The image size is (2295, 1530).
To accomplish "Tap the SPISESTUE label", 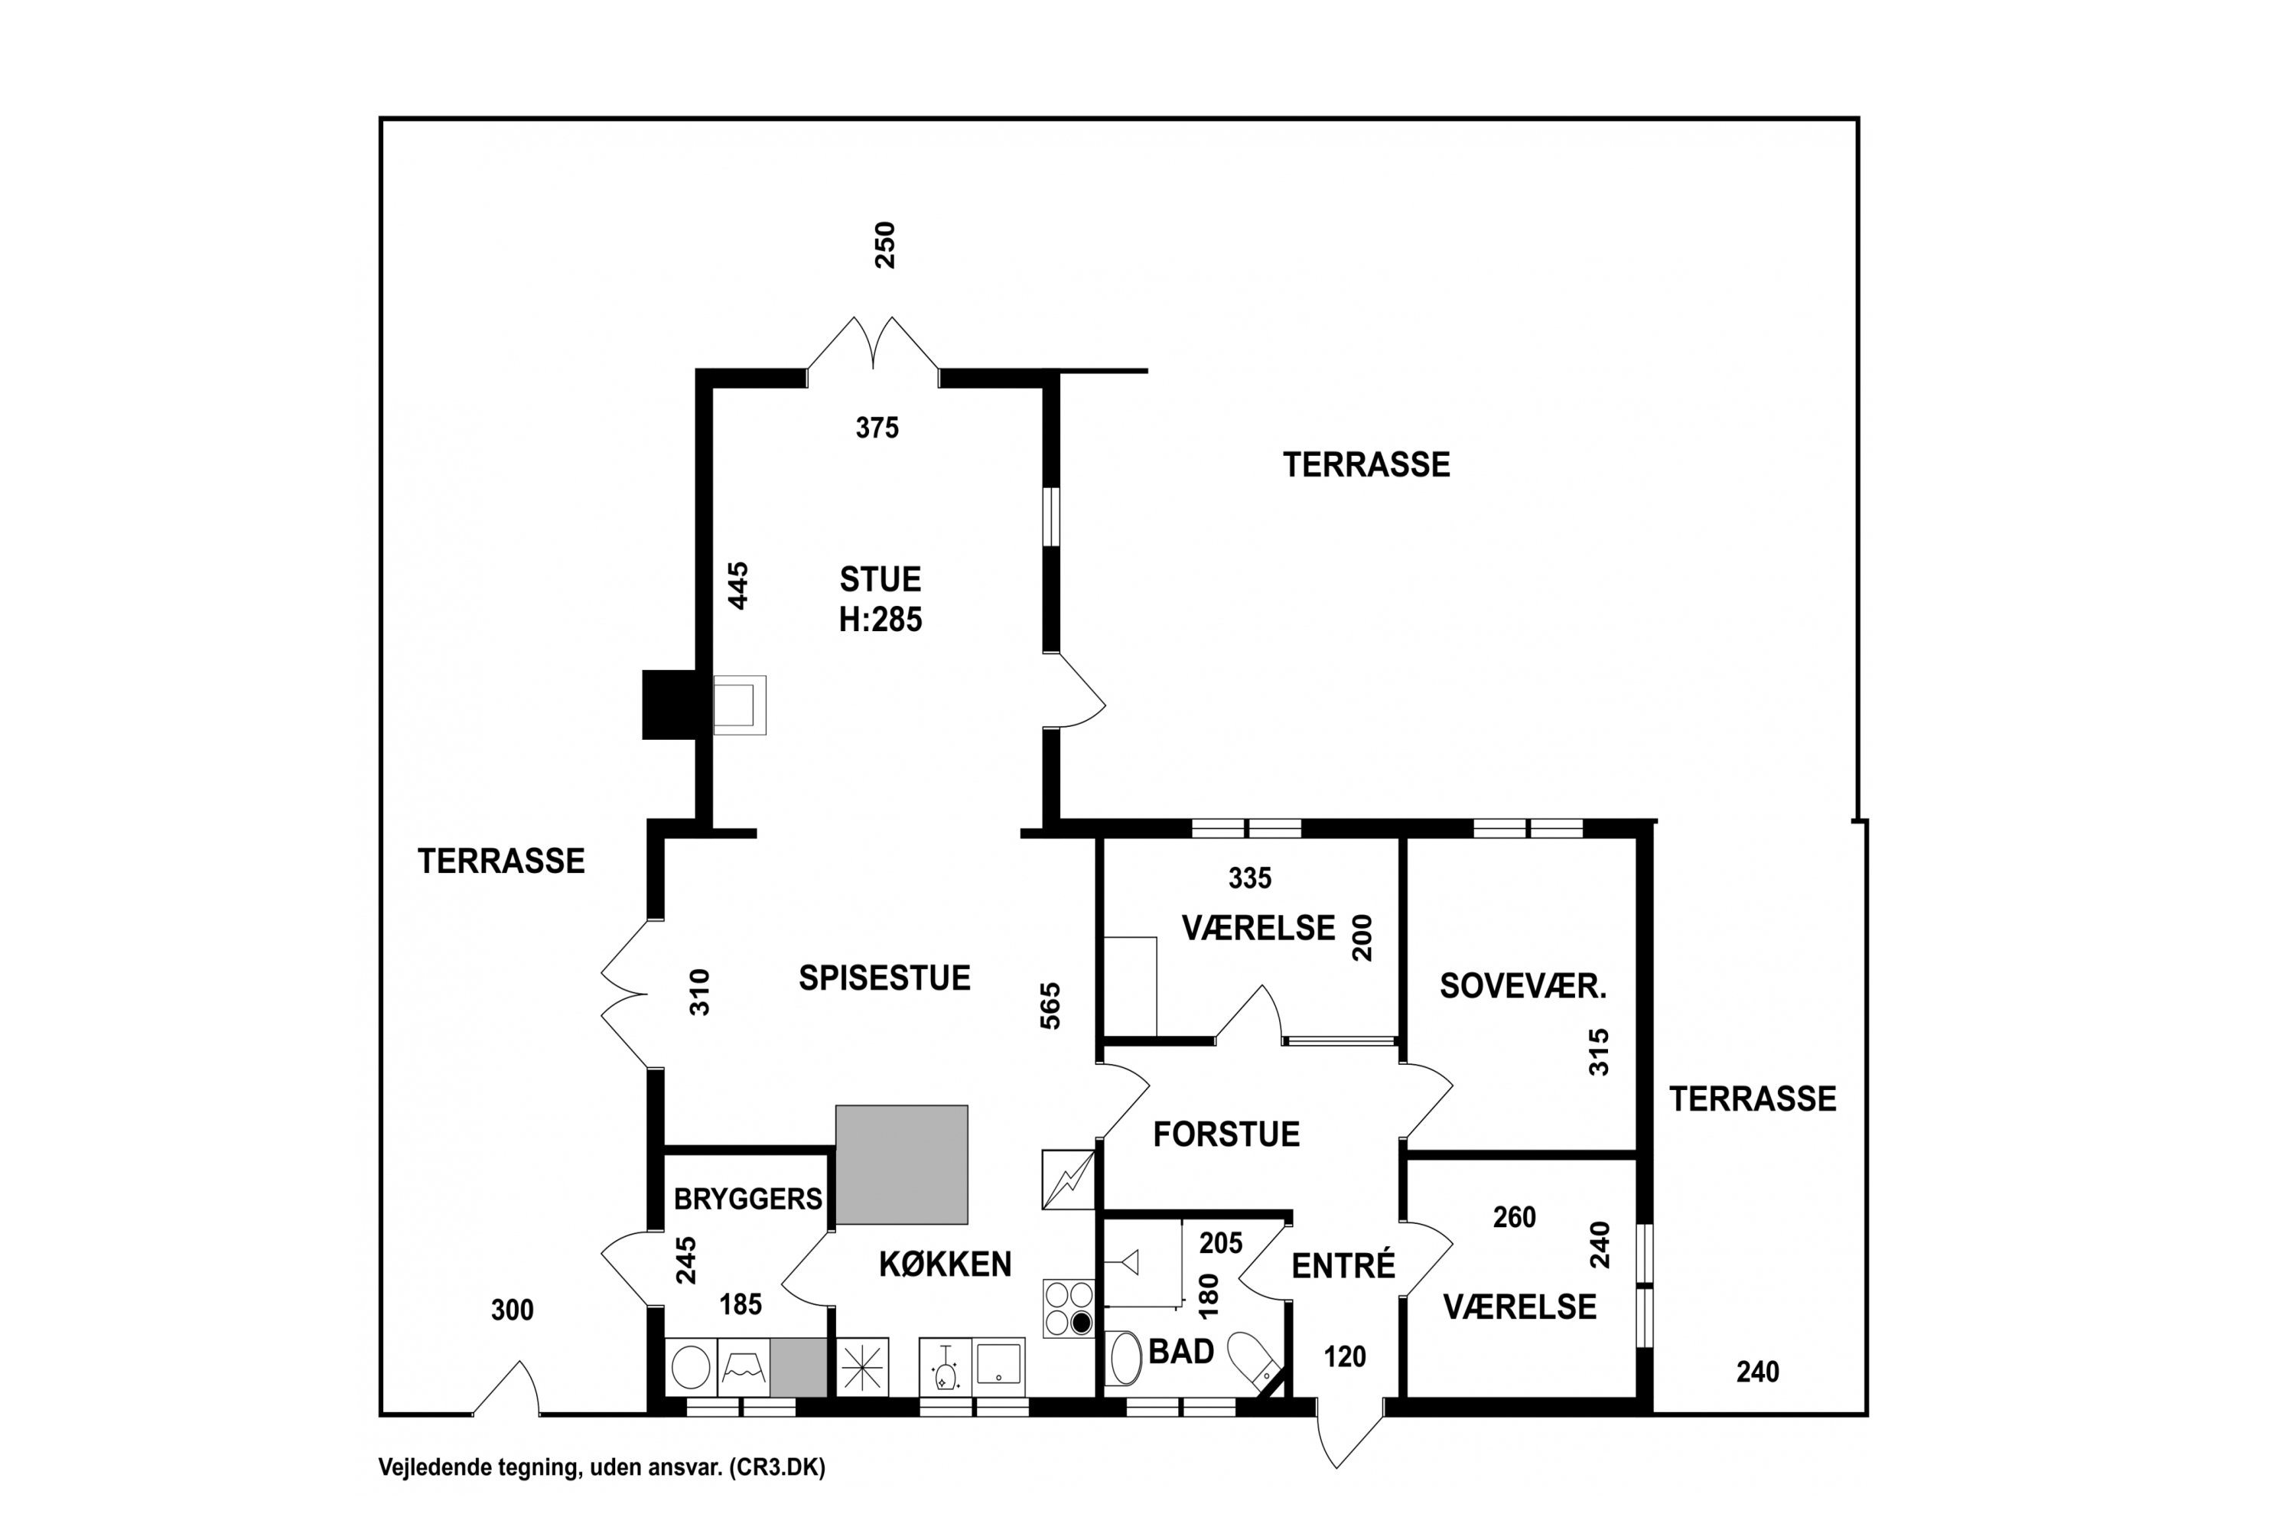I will pos(884,978).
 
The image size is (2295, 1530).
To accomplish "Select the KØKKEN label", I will pos(945,1265).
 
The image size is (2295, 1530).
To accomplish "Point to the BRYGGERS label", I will pos(747,1200).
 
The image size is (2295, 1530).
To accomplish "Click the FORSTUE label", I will pos(1226,1134).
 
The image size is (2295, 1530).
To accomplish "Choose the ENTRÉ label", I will pos(1343,1267).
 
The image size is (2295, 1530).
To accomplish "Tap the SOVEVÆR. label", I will pos(1522,987).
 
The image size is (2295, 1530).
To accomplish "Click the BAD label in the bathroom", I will pos(1180,1352).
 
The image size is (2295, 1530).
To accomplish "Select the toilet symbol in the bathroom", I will pos(1252,1359).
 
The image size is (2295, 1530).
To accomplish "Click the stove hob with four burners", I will pos(1069,1308).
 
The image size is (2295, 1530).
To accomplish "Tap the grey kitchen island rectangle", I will pos(902,1164).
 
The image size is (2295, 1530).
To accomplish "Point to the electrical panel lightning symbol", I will pos(1069,1180).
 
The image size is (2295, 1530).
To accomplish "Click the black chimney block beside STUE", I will pos(669,705).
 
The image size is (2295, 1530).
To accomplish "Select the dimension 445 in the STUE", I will pos(739,585).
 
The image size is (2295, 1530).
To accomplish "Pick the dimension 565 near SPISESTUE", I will pos(1050,1006).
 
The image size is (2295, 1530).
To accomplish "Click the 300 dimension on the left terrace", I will pos(513,1310).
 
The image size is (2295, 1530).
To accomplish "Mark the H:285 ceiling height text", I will pos(881,620).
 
